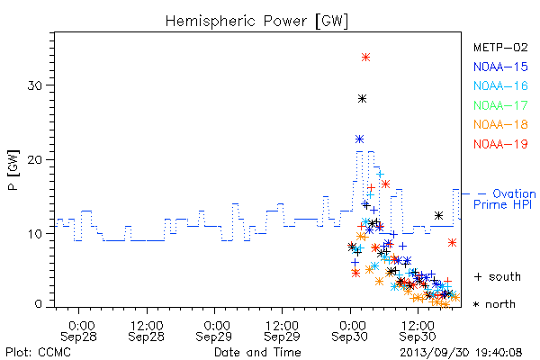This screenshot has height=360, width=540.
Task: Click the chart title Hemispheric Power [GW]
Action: point(256,21)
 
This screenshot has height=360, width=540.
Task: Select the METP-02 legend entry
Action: point(500,47)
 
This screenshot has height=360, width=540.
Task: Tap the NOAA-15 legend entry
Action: point(500,67)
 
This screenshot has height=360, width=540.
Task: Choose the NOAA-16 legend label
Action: point(500,85)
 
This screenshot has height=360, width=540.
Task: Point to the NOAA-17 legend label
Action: point(500,105)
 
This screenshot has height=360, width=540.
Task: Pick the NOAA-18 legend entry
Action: point(500,124)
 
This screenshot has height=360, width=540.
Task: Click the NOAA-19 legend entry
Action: point(500,144)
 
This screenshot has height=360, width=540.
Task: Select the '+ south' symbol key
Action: point(498,276)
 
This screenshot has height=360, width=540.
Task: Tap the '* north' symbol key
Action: point(494,304)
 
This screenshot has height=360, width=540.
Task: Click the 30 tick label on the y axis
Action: point(34,85)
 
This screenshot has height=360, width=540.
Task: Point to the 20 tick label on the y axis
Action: point(34,160)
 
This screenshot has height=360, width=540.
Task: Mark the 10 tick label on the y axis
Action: point(34,234)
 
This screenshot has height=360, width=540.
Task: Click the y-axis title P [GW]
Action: point(13,170)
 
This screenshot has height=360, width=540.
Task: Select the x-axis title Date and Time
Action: point(257,353)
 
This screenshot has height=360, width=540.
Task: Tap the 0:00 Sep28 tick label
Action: point(79,331)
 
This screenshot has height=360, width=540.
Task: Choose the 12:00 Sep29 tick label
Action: point(282,331)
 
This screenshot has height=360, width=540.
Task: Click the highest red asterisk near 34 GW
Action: point(365,58)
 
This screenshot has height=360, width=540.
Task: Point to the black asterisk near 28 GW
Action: point(362,99)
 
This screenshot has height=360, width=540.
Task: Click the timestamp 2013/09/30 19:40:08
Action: point(461,353)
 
